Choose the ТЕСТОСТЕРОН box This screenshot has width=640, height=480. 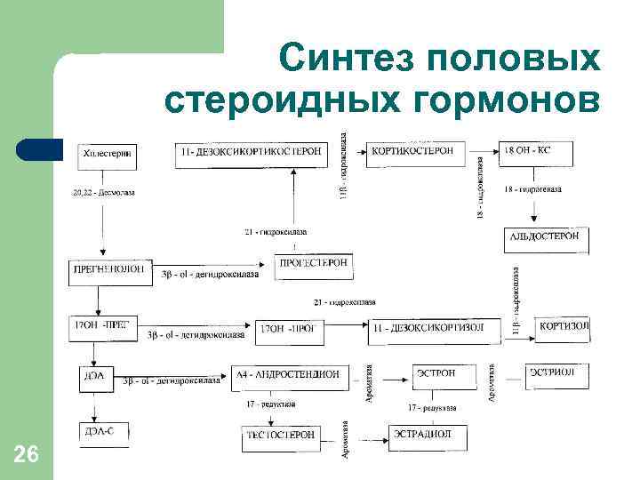[280, 436]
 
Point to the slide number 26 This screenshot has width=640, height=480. [27, 456]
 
